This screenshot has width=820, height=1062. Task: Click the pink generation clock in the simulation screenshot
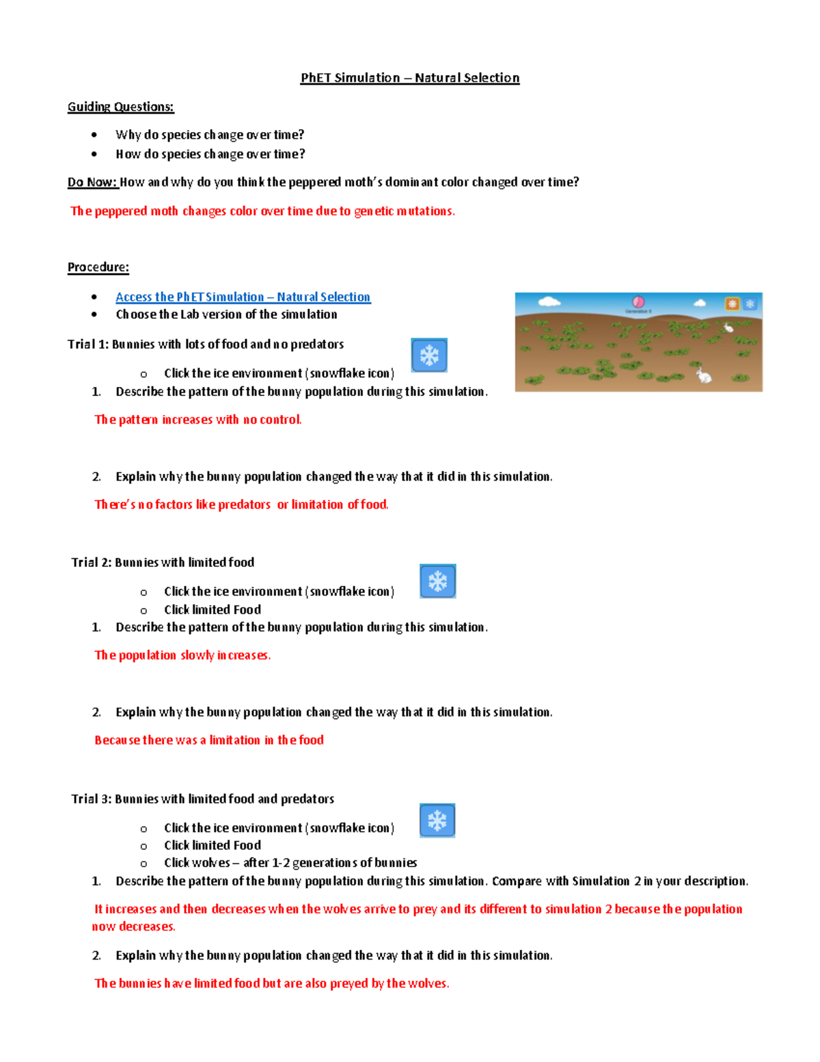[638, 302]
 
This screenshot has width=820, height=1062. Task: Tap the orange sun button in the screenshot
[732, 304]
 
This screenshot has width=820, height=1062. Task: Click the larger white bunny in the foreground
[703, 375]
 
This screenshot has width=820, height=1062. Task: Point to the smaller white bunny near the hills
[728, 328]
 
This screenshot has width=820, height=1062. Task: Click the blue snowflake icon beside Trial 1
[429, 355]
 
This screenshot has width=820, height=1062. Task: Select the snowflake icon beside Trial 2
[437, 581]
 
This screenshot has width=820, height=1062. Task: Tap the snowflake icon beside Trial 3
[437, 820]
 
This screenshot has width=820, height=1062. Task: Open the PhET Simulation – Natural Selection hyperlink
[243, 297]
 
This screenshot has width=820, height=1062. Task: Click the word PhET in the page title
[316, 78]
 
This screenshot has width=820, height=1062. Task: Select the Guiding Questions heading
[120, 107]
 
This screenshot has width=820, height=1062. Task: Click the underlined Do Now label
[93, 182]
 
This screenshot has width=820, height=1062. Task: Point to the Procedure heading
[98, 267]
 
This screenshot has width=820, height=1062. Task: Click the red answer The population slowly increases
[182, 655]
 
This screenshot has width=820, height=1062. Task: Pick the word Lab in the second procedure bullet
[189, 315]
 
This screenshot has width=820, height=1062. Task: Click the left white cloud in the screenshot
[549, 301]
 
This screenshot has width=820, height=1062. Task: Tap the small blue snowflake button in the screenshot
[750, 304]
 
